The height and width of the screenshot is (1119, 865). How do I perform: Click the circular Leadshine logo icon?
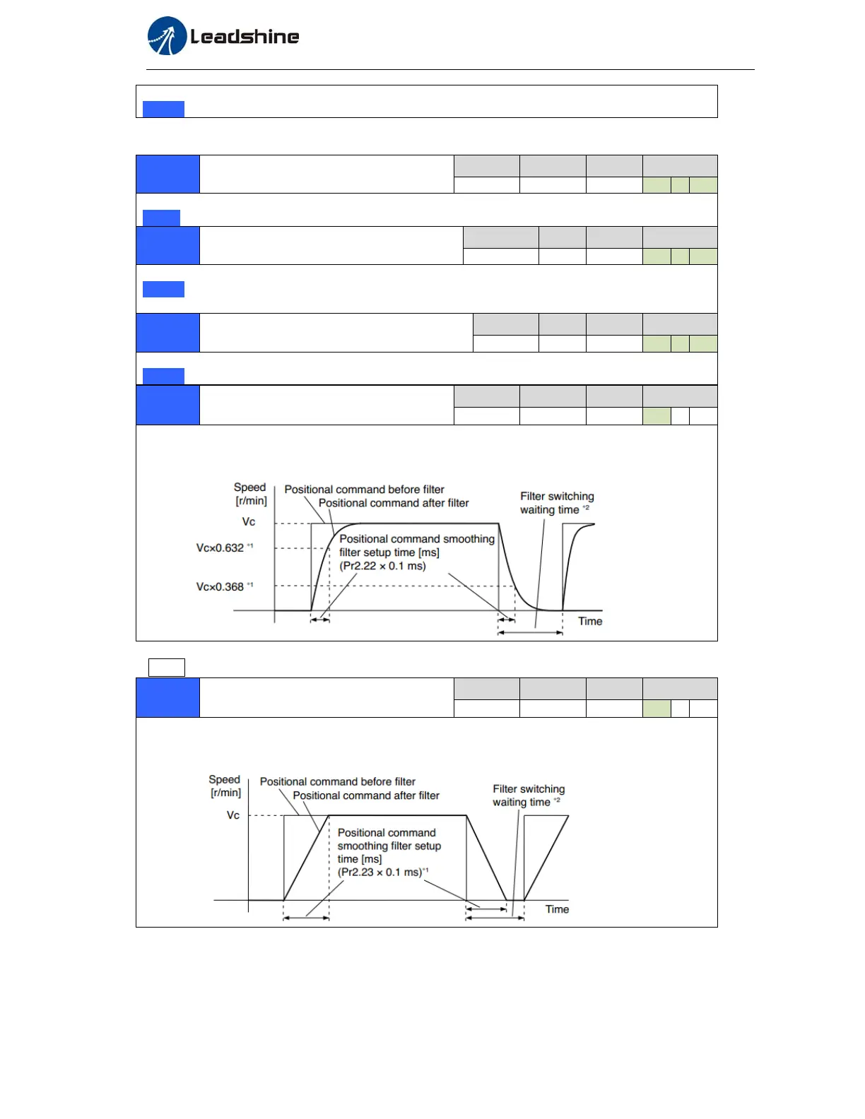pos(167,36)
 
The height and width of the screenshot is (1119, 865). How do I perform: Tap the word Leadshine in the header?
pos(245,37)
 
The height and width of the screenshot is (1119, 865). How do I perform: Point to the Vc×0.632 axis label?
pos(220,548)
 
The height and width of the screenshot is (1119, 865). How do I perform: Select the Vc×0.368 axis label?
pos(220,587)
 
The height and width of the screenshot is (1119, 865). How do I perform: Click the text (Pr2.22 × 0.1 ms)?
pos(382,566)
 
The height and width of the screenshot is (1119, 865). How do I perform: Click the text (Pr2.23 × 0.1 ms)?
pos(379,872)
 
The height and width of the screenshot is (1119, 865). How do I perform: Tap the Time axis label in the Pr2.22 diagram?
pos(590,622)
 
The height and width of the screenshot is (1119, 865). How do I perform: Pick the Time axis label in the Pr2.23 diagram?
pos(557,910)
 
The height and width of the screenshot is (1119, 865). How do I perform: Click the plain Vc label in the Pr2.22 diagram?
pos(249,522)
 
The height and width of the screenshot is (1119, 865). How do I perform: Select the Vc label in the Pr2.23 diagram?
pos(233,815)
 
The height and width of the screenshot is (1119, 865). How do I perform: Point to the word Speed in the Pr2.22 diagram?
pos(249,487)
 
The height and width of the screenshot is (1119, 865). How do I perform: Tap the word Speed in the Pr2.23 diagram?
pos(224,780)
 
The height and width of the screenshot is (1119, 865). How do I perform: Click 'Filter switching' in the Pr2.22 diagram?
pos(557,497)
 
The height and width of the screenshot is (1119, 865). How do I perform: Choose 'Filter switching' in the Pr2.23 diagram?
pos(529,789)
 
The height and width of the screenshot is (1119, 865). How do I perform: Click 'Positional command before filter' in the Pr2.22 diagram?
pos(364,490)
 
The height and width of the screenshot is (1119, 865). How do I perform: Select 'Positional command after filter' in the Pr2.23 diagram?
pos(366,795)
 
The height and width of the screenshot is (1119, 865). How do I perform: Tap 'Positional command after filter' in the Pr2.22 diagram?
pos(394,503)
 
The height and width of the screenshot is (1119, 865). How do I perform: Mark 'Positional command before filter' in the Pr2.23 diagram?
pos(338,782)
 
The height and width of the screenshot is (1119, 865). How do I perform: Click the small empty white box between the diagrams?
pos(167,668)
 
